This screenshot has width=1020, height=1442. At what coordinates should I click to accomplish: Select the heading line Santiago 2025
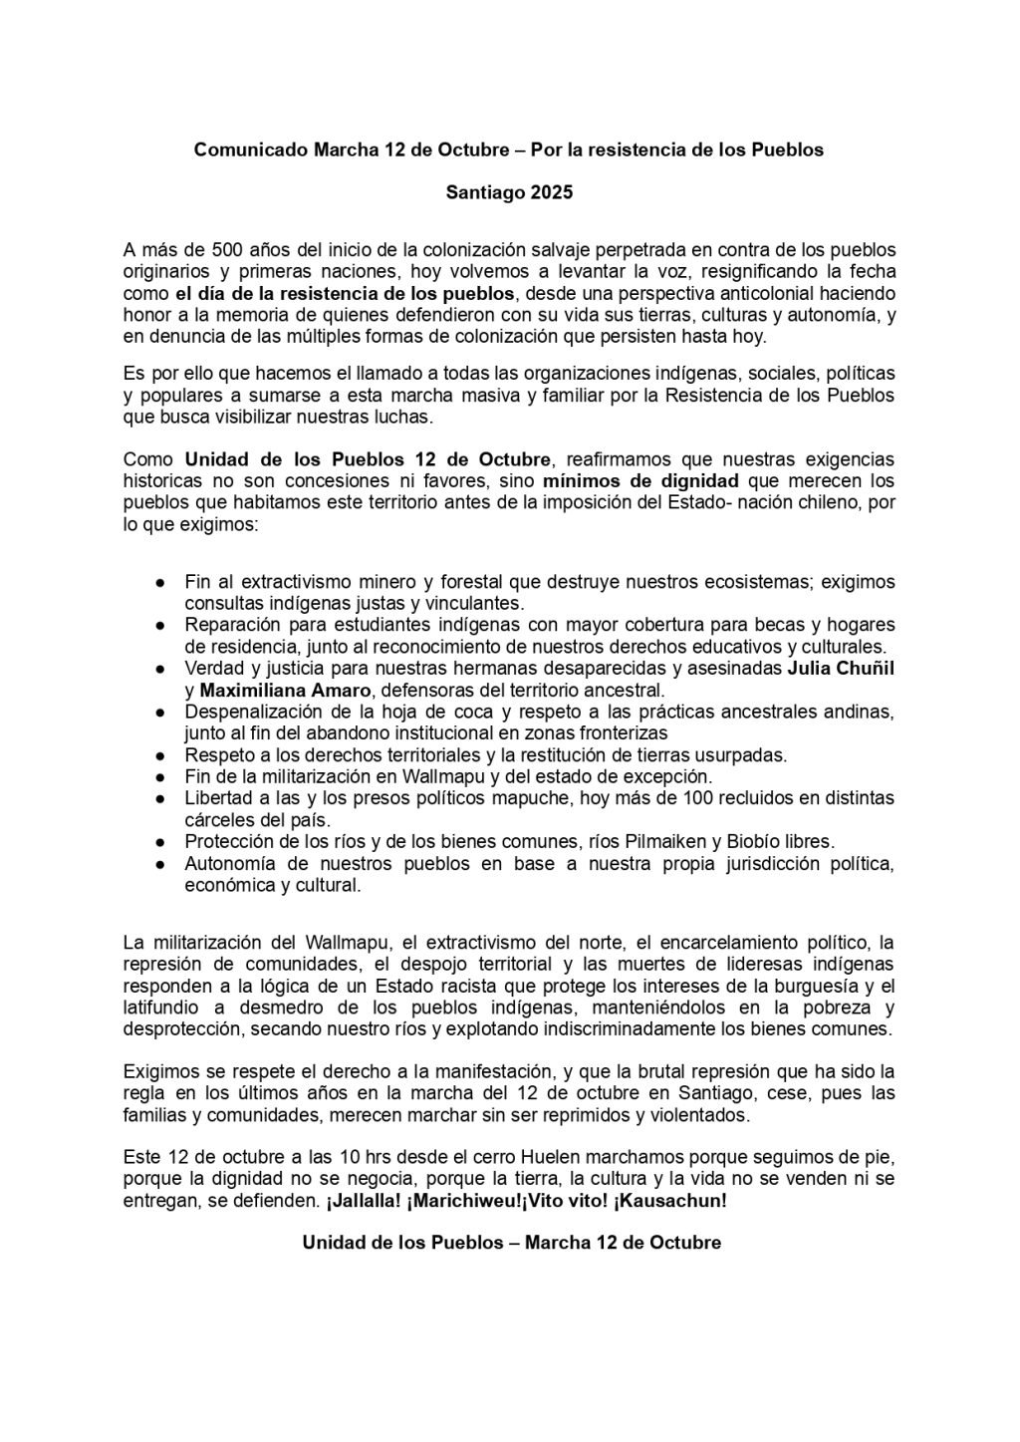[509, 192]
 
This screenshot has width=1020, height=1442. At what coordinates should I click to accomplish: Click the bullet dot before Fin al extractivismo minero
[158, 582]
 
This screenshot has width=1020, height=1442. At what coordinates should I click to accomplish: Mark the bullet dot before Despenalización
[158, 712]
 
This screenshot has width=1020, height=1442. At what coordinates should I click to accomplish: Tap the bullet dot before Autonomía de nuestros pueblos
[158, 863]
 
